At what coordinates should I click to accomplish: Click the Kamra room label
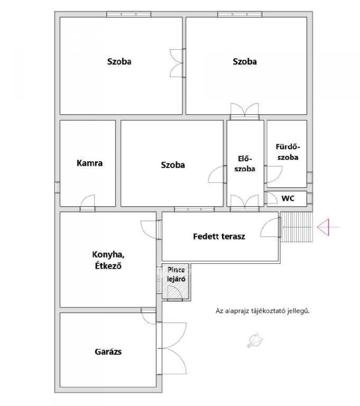(90, 163)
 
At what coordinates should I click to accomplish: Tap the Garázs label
(108, 352)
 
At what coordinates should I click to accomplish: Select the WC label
(288, 199)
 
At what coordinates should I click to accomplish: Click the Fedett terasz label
(219, 236)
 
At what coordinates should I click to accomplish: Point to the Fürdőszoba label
(288, 152)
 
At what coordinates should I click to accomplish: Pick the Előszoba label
(245, 164)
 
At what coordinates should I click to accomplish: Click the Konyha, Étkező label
(108, 260)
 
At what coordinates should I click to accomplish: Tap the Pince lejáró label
(176, 274)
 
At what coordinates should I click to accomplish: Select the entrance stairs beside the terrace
(297, 227)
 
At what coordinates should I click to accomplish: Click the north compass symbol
(255, 340)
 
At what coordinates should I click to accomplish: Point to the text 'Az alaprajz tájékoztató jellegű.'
(263, 311)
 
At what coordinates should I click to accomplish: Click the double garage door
(172, 348)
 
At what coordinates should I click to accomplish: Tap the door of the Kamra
(88, 203)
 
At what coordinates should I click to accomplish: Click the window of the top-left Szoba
(128, 14)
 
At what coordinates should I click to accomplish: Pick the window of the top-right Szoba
(239, 14)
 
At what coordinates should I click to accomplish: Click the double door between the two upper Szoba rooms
(178, 63)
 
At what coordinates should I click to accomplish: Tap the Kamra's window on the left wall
(57, 188)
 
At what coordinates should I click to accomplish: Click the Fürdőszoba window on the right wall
(310, 178)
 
